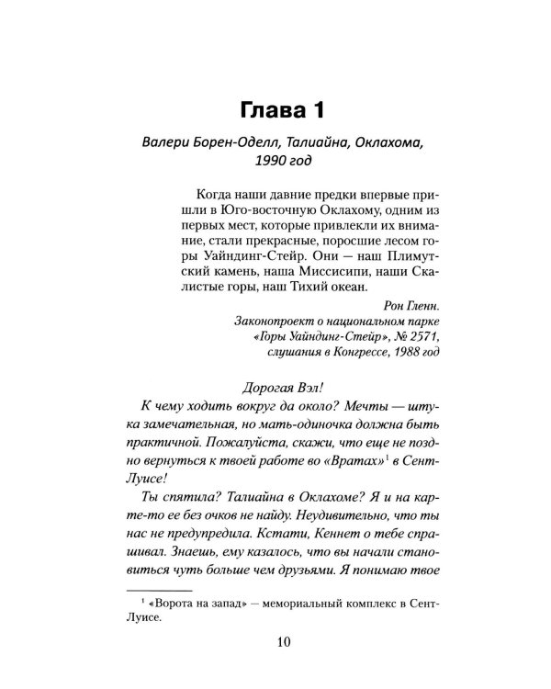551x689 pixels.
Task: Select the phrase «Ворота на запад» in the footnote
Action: pyautogui.click(x=205, y=604)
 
